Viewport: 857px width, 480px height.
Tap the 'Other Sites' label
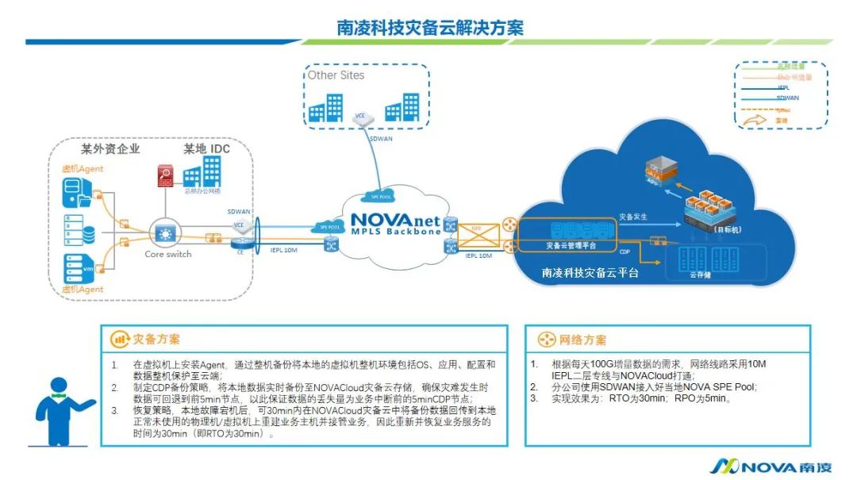click(x=336, y=75)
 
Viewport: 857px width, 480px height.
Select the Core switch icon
click(x=166, y=233)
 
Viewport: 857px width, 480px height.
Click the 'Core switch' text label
click(x=167, y=255)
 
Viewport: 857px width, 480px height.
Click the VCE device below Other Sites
click(x=361, y=117)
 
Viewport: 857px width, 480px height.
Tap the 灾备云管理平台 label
click(x=572, y=246)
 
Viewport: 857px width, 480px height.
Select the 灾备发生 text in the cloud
click(x=632, y=216)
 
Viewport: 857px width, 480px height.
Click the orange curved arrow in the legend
click(x=755, y=120)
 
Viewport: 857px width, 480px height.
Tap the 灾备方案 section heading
click(x=156, y=340)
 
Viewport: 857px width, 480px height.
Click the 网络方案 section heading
click(x=582, y=340)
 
